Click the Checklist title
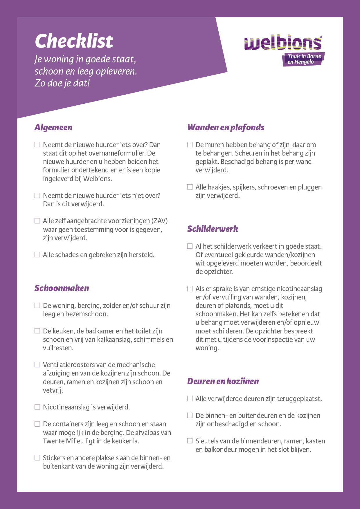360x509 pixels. click(74, 41)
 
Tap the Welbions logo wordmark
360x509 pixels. click(283, 43)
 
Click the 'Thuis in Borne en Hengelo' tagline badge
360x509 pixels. click(304, 59)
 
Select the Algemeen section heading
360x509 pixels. click(53, 127)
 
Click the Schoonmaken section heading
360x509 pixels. click(62, 288)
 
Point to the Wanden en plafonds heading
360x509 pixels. click(226, 127)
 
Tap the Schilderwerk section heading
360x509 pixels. click(213, 229)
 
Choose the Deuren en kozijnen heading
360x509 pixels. click(223, 381)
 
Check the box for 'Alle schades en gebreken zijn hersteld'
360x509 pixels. click(37, 255)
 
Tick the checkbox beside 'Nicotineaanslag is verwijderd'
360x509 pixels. click(37, 407)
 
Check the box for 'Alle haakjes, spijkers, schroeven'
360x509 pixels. click(190, 187)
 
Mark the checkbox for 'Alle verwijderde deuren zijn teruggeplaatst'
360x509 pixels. click(190, 398)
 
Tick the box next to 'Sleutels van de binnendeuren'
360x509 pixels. click(190, 441)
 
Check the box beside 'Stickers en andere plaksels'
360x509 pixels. click(37, 458)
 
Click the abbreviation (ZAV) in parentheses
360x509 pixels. click(159, 221)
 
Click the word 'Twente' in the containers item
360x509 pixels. click(53, 441)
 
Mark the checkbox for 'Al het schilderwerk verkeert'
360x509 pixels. click(190, 246)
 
